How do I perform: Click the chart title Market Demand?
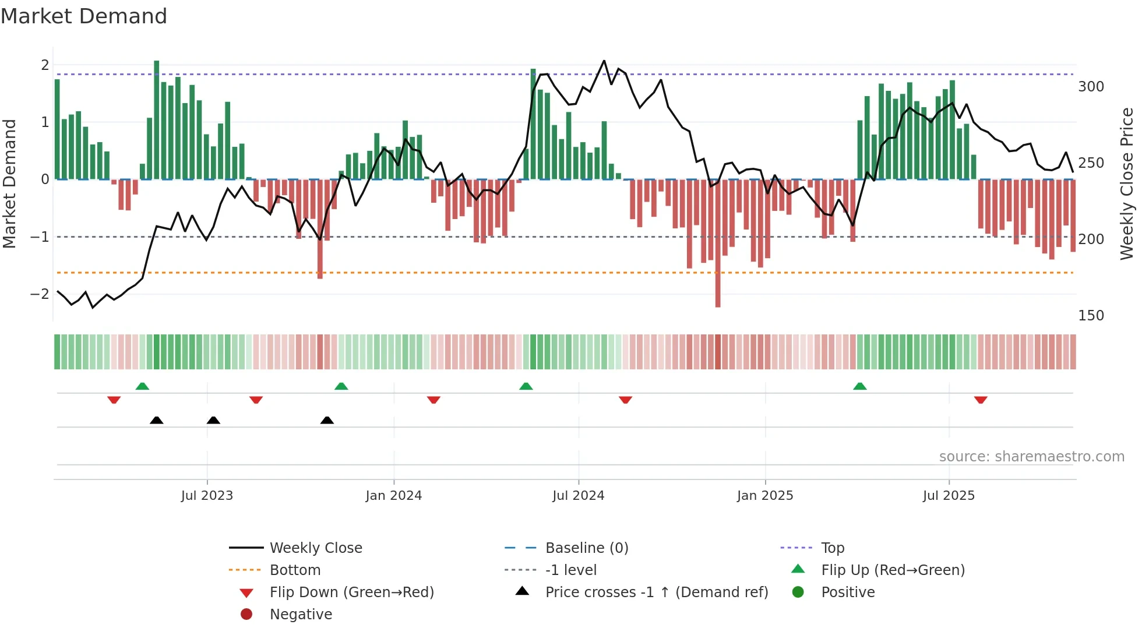[x=84, y=16]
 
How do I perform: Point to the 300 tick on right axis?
[x=1091, y=87]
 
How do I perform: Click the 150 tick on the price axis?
[x=1091, y=316]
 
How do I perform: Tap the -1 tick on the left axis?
[x=40, y=237]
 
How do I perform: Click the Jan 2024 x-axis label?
[x=393, y=496]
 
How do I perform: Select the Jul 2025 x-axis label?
[x=949, y=496]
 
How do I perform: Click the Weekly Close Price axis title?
[x=1127, y=184]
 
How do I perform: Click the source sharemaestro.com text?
[x=1031, y=457]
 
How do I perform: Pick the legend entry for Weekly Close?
[x=315, y=548]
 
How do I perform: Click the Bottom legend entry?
[x=295, y=570]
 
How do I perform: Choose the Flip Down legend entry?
[x=351, y=592]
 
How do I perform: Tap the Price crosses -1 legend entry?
[x=656, y=592]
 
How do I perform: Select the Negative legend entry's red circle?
[x=246, y=615]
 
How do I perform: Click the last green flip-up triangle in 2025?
[x=860, y=386]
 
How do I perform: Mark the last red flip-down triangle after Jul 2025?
[x=981, y=400]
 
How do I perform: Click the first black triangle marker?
[x=156, y=420]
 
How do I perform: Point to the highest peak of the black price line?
[x=604, y=61]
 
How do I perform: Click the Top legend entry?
[x=832, y=548]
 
